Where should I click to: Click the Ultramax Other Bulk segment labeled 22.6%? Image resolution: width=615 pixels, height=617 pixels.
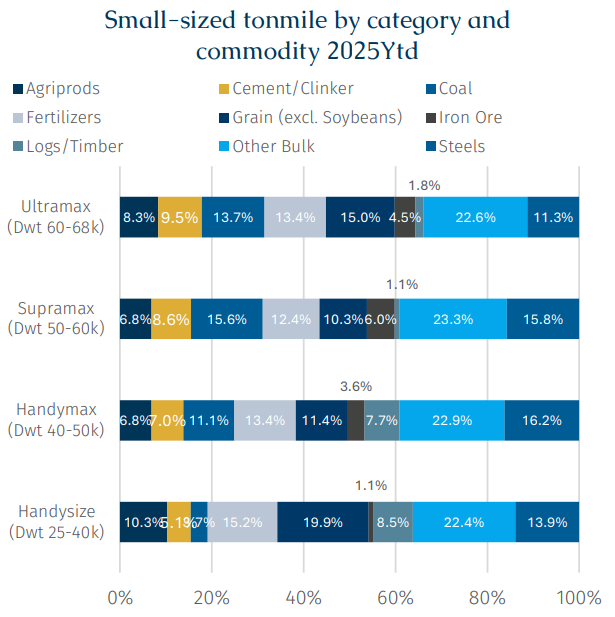[475, 217]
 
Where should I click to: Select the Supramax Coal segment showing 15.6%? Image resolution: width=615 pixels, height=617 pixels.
[226, 319]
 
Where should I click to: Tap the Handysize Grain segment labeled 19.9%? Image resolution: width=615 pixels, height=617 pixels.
[322, 522]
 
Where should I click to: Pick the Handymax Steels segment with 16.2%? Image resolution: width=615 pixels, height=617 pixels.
[541, 420]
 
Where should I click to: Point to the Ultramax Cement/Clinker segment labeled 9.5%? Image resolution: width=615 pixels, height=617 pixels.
[180, 217]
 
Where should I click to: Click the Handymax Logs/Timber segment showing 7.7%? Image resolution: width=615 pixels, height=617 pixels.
[382, 420]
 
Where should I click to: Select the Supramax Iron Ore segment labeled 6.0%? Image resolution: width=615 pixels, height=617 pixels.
[380, 319]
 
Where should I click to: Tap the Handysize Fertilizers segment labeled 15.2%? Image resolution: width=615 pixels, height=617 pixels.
[242, 522]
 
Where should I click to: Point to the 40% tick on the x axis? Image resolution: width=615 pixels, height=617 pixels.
[304, 597]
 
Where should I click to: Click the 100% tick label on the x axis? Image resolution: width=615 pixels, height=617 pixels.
[578, 597]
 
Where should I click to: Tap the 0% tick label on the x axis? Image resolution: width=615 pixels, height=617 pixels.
[120, 597]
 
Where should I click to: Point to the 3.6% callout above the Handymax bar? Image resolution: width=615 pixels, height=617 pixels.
[356, 386]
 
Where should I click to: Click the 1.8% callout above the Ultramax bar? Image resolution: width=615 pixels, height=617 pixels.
[425, 185]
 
